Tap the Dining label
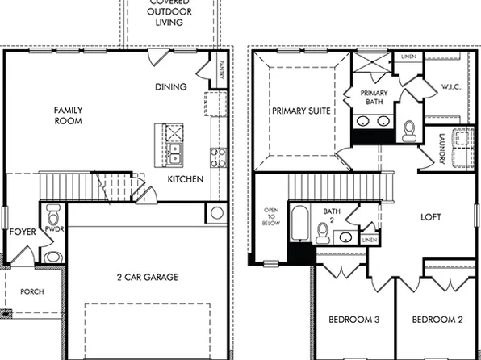coord(171,87)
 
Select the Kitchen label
coord(186,179)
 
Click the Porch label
coord(31,291)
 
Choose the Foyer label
coord(23,232)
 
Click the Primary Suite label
coord(301,111)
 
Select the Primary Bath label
coord(374,98)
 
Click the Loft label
coord(432,217)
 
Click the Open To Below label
coord(271,218)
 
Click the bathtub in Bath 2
coord(299,225)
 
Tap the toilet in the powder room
coord(53,217)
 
